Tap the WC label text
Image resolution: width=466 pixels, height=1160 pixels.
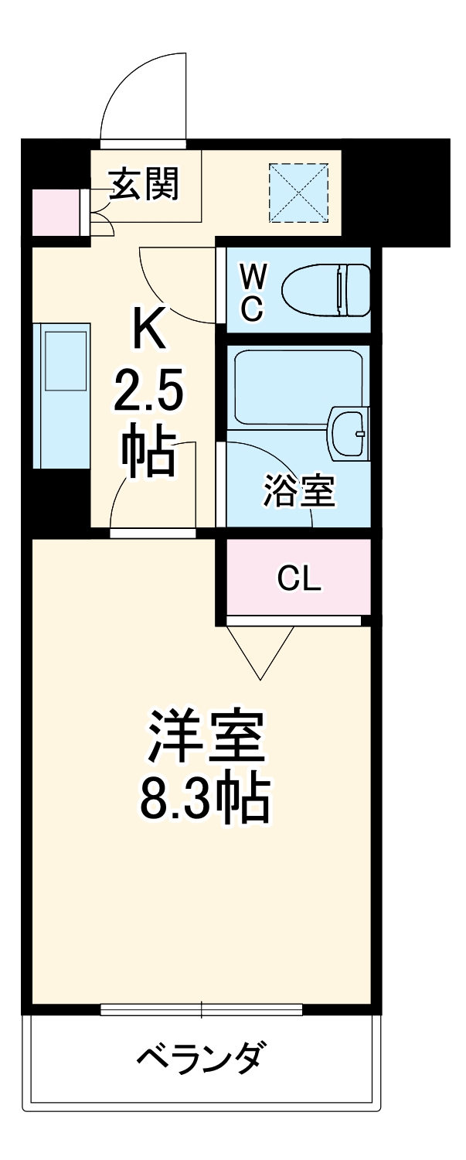[x=252, y=292]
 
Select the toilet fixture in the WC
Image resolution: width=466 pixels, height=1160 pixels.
[x=326, y=290]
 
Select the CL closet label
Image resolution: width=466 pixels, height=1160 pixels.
[x=298, y=578]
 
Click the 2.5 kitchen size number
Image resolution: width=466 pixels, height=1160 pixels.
[x=148, y=394]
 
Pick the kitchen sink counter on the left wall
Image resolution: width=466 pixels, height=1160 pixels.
[x=62, y=394]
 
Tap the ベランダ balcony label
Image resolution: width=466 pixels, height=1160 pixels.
[x=203, y=1056]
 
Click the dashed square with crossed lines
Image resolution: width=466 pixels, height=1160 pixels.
[x=298, y=192]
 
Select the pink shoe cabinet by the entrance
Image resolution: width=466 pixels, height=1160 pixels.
[x=55, y=212]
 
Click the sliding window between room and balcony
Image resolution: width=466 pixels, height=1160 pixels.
[x=201, y=1009]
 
